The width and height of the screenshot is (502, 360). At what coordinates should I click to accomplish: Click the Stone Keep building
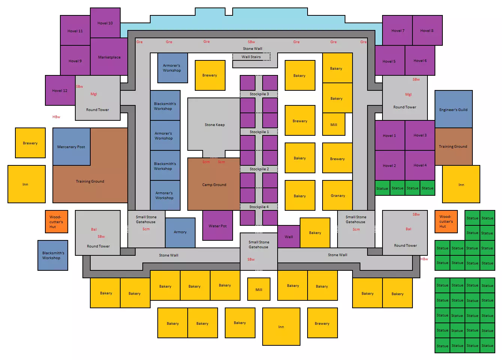pos(214,124)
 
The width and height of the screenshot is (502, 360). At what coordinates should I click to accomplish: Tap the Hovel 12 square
pos(60,90)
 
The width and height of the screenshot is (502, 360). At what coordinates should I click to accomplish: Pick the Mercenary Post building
pos(72,147)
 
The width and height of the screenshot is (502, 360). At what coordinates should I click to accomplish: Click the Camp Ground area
pos(214,184)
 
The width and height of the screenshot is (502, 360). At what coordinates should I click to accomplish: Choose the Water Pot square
pos(218,225)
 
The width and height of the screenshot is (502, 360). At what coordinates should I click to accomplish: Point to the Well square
pos(289,237)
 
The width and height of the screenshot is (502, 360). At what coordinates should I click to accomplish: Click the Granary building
pos(338,195)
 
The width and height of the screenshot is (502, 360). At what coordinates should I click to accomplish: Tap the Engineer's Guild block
pos(454,109)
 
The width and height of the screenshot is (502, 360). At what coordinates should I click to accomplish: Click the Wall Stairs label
pos(251,57)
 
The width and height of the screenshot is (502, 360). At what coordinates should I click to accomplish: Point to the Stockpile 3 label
pos(259,94)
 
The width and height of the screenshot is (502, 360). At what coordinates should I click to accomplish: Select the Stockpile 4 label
pos(259,207)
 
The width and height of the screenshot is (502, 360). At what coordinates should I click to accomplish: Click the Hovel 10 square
pos(105,23)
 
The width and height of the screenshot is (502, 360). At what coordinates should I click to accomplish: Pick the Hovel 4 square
pos(420,165)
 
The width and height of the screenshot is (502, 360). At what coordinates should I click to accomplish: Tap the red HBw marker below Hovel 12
pos(56,117)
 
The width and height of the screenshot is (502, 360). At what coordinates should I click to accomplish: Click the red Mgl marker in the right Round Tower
pos(408,94)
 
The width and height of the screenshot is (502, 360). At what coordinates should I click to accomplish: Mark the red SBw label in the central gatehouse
pos(251,259)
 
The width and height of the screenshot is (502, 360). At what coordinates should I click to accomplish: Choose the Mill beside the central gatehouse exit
pos(259,289)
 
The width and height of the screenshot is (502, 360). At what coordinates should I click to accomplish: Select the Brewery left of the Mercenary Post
pos(30,143)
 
